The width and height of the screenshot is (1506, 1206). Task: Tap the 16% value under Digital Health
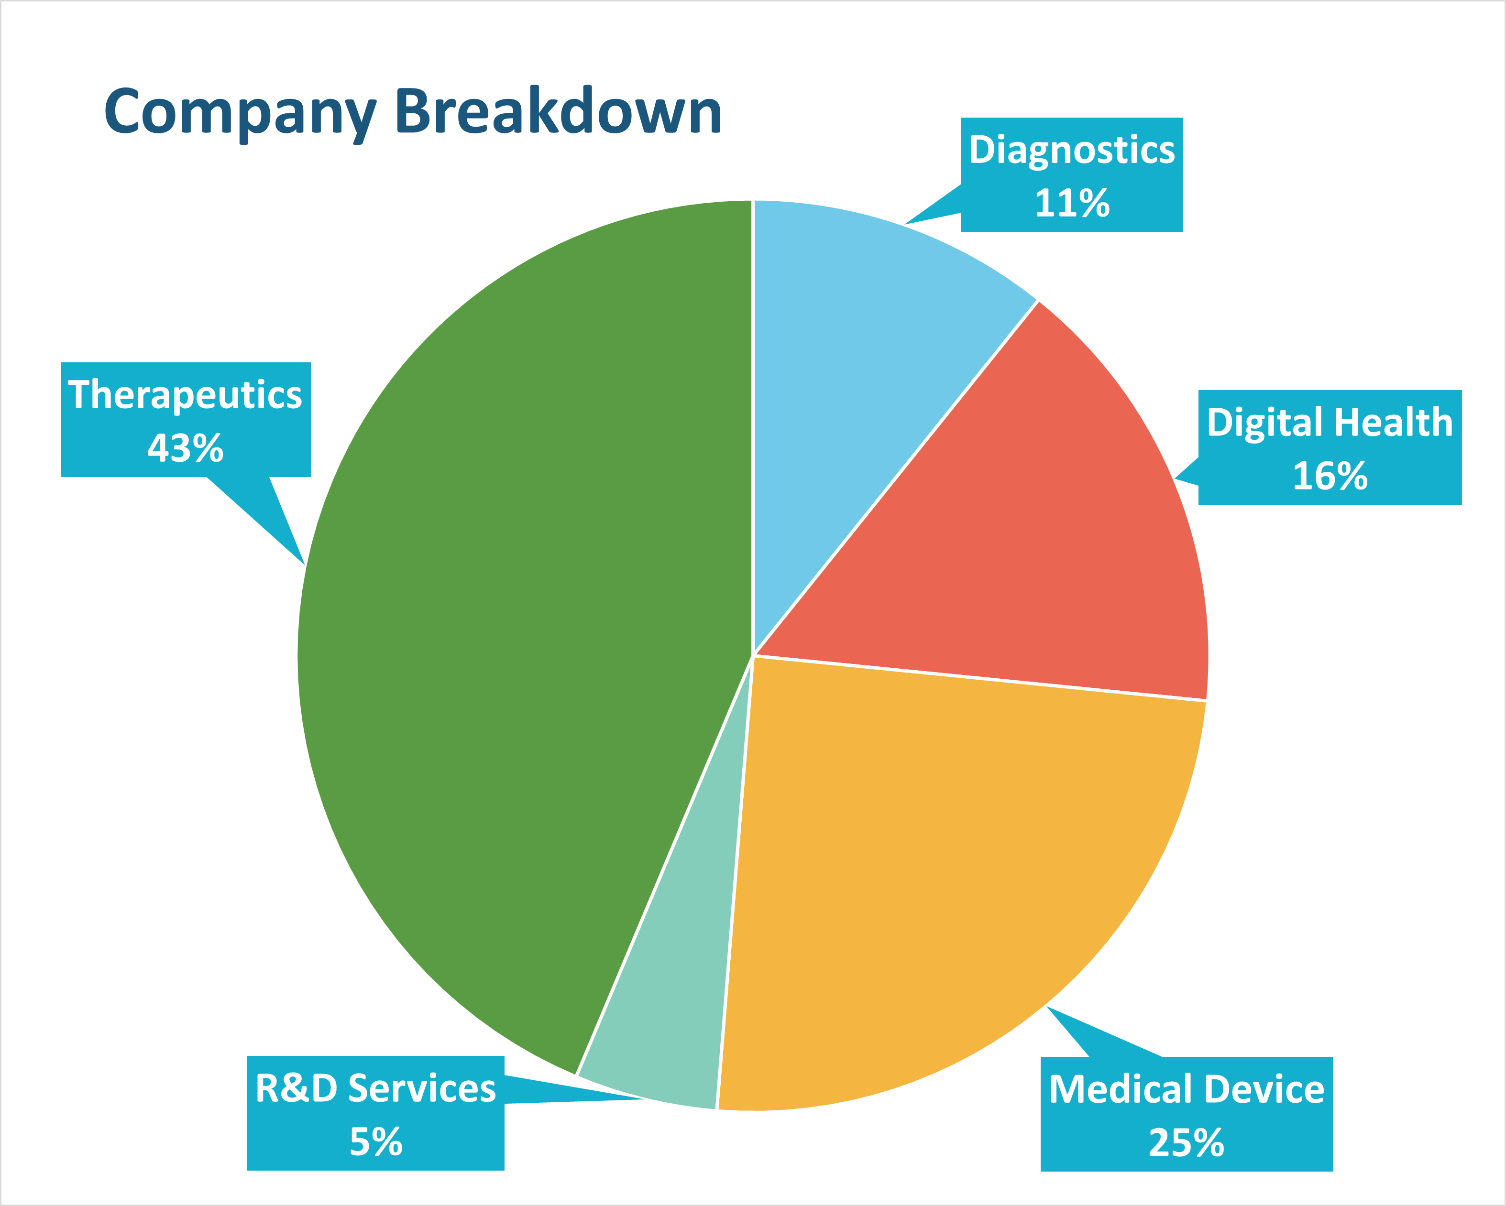click(1329, 476)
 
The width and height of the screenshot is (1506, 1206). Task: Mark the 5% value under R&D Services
click(376, 1142)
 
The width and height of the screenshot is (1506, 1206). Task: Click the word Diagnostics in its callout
click(1072, 150)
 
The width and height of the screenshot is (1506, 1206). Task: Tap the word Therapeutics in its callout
click(185, 394)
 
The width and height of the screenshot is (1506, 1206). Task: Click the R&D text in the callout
click(297, 1088)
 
